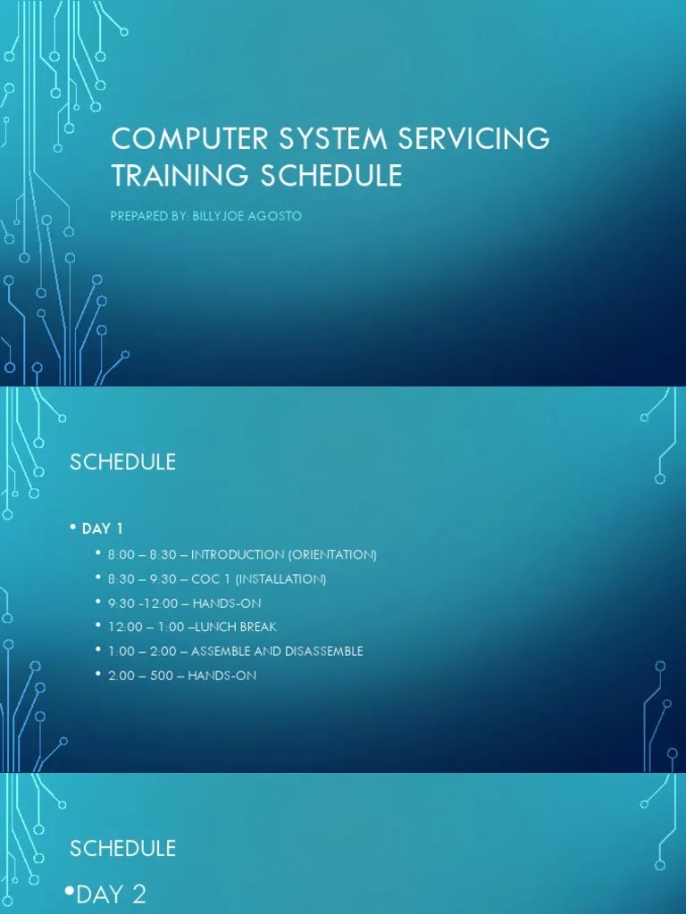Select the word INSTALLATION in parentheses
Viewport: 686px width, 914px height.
[x=286, y=579]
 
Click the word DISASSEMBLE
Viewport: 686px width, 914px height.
[x=321, y=652]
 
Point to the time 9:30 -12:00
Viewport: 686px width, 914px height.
[x=141, y=603]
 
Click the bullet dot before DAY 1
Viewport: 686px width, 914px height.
[x=74, y=528]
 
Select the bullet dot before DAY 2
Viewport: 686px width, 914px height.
[x=70, y=893]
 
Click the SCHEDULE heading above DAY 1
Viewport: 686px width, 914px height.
[x=122, y=462]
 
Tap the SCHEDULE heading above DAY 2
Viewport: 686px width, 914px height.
[x=122, y=848]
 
